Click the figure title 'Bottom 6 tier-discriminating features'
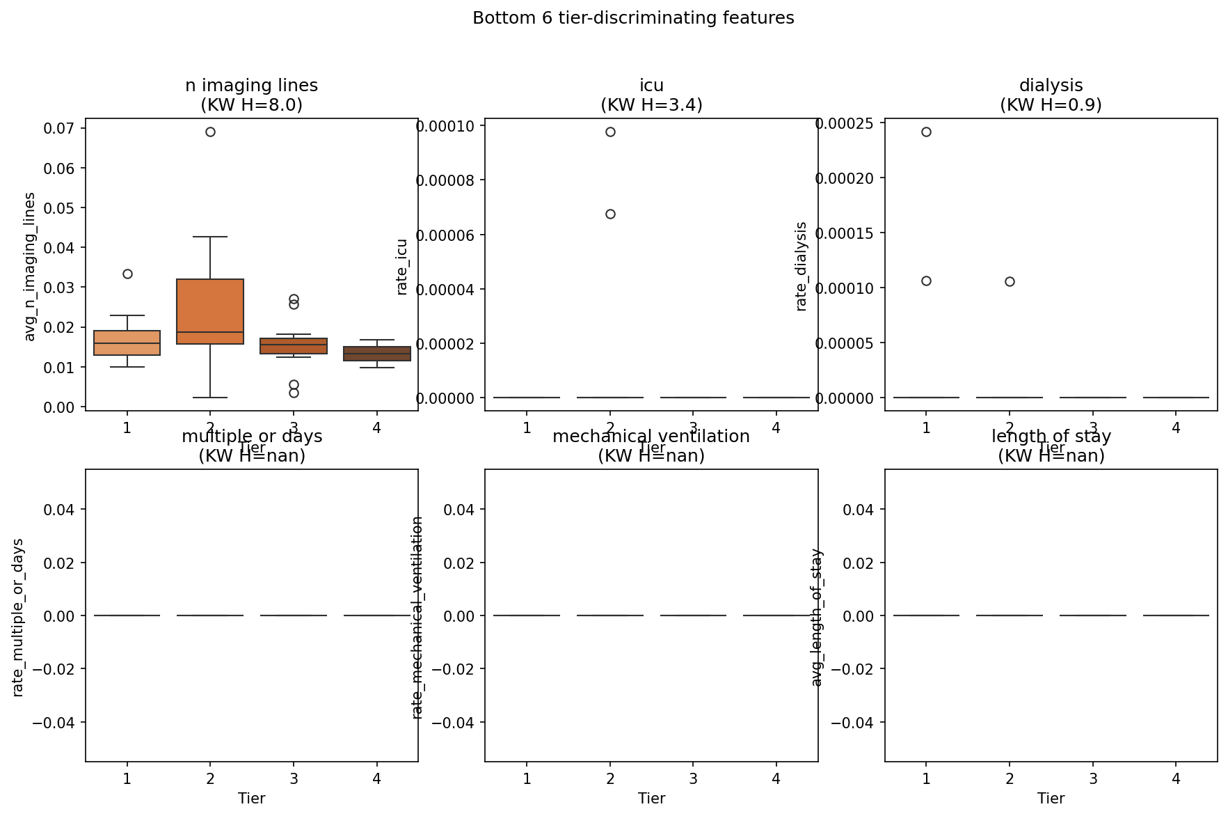click(x=633, y=18)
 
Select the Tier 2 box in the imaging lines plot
click(x=210, y=306)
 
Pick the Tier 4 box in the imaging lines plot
click(x=377, y=354)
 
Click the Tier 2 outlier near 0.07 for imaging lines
click(x=210, y=132)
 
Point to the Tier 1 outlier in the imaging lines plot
click(x=127, y=274)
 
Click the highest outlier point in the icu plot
click(x=610, y=132)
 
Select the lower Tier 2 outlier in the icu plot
click(x=610, y=214)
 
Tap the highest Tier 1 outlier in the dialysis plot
click(x=926, y=132)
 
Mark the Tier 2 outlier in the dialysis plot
click(x=1010, y=281)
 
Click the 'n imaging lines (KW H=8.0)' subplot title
click(x=251, y=95)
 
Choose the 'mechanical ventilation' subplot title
click(x=651, y=437)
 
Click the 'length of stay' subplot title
click(x=1051, y=437)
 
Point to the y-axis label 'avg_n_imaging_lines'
click(x=29, y=267)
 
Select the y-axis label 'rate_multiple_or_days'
click(x=18, y=617)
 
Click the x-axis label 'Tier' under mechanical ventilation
click(x=651, y=799)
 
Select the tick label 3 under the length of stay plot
click(x=1093, y=778)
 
